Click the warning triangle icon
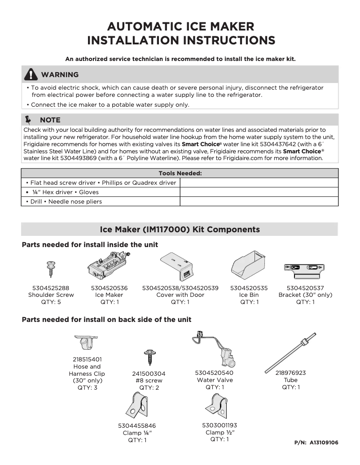point(31,74)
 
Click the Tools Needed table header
point(180,173)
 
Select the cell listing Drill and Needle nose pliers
point(101,201)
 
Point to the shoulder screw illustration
point(51,269)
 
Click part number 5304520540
point(215,373)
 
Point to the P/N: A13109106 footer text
point(316,443)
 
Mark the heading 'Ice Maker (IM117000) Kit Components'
point(180,229)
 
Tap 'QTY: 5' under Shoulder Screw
point(51,302)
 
